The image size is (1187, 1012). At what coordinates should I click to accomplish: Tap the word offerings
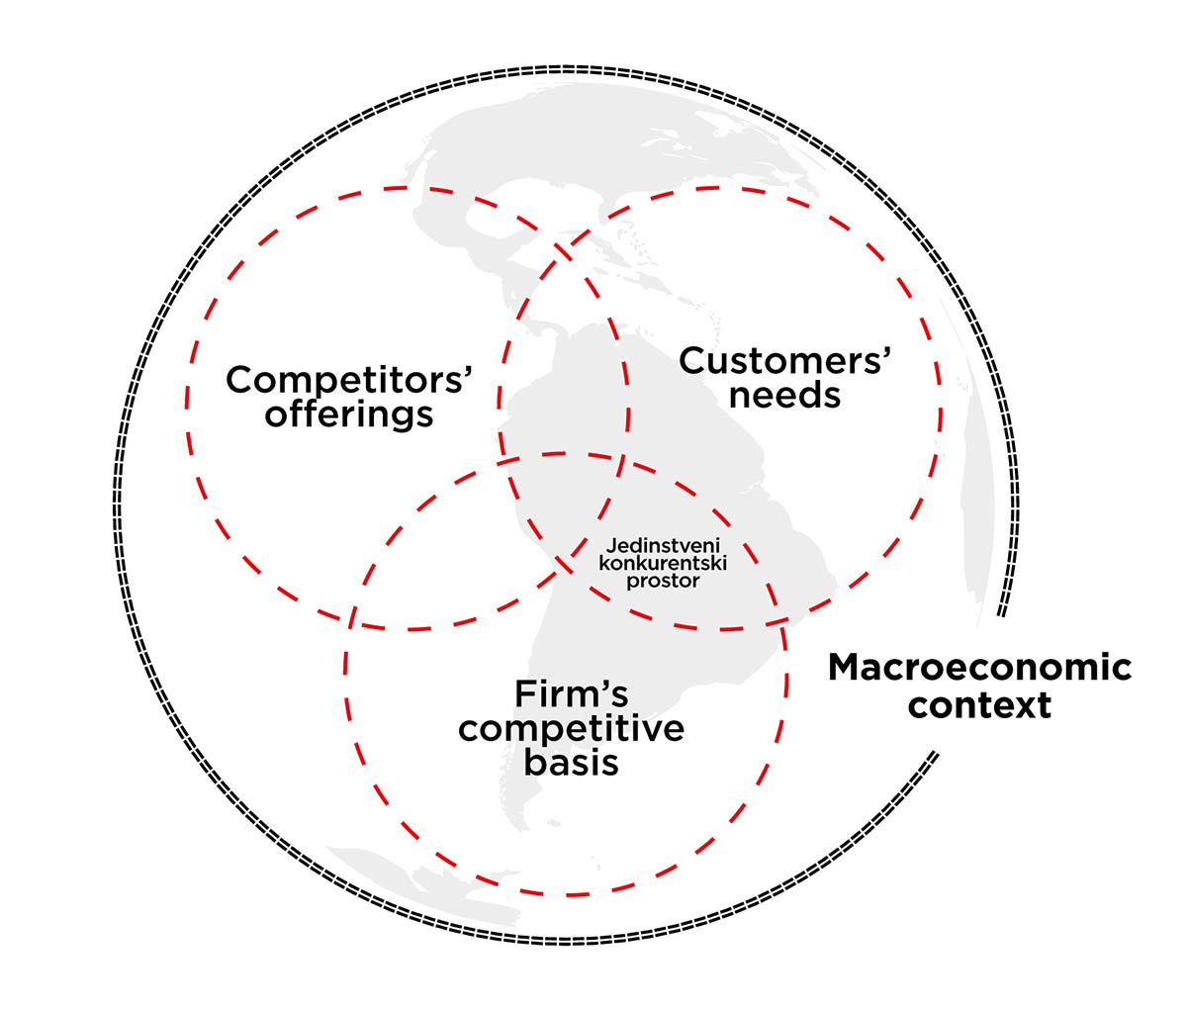pyautogui.click(x=349, y=414)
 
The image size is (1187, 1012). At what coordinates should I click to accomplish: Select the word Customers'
pyautogui.click(x=785, y=361)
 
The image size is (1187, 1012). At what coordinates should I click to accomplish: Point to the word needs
pyautogui.click(x=784, y=396)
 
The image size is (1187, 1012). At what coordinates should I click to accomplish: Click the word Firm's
pyautogui.click(x=572, y=694)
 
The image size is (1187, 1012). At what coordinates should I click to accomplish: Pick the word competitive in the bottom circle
pyautogui.click(x=572, y=729)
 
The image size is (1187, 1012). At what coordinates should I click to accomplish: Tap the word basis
pyautogui.click(x=572, y=763)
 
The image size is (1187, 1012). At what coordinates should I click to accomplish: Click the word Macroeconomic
pyautogui.click(x=979, y=668)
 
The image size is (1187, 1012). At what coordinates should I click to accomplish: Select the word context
pyautogui.click(x=979, y=706)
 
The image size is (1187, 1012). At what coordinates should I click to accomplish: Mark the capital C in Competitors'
pyautogui.click(x=239, y=380)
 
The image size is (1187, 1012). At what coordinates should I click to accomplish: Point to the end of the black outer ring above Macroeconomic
pyautogui.click(x=1002, y=613)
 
